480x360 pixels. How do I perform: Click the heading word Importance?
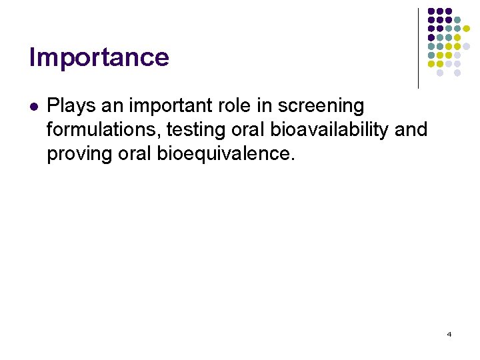(99, 57)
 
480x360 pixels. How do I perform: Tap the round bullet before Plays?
(33, 106)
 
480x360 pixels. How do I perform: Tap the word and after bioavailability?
(411, 129)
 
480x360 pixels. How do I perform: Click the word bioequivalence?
(225, 153)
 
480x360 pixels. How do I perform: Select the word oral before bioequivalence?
(135, 153)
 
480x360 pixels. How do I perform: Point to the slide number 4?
(449, 334)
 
